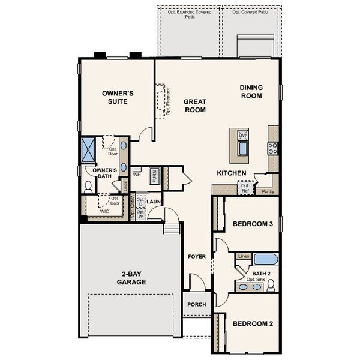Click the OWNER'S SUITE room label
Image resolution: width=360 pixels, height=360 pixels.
coord(118,97)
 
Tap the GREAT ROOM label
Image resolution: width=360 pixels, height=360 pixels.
coord(195,106)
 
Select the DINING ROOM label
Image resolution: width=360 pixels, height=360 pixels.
coord(251,91)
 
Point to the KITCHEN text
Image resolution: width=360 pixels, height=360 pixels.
coord(232,173)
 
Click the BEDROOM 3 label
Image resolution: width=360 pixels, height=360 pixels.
coord(253,224)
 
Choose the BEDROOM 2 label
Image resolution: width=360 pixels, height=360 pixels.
coord(253,324)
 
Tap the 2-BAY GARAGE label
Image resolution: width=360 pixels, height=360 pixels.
coord(131,277)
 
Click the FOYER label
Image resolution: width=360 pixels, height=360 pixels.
coord(197,257)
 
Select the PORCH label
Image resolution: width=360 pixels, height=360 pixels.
coord(196,304)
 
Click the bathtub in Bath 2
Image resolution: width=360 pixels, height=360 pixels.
coord(266,260)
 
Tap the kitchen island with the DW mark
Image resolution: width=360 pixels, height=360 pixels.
coord(243,142)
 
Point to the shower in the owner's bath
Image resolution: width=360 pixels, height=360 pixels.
coord(88,150)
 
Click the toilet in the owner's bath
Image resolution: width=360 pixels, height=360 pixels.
coord(88,187)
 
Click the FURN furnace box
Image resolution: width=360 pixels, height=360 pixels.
coord(154,176)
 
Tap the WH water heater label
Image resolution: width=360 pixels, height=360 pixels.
coord(137,175)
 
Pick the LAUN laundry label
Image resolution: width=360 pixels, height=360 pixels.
coord(154,202)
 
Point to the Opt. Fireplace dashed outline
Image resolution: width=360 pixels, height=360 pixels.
coord(161,100)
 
